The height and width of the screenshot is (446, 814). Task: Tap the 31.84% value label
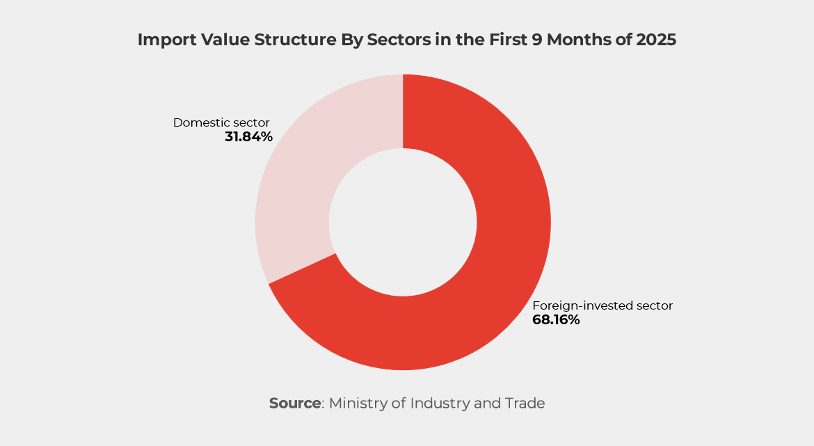[x=248, y=137]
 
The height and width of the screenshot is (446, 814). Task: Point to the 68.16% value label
[x=556, y=320]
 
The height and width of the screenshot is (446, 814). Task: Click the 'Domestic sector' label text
[x=221, y=123]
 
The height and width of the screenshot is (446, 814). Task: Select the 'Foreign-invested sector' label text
[x=602, y=305]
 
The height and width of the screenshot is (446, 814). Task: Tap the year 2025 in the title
[x=655, y=40]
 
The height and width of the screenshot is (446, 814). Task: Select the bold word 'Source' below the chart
[x=294, y=403]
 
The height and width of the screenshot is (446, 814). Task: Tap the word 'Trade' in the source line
[x=525, y=403]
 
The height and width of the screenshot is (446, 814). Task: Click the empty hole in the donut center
[x=403, y=223]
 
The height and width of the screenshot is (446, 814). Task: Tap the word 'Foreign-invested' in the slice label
[x=575, y=305]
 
